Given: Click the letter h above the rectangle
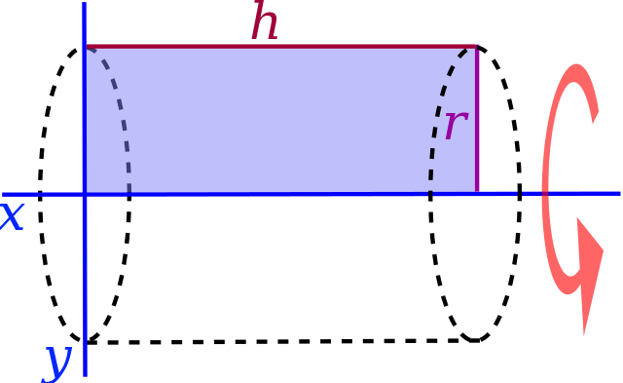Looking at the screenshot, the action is tap(265, 19).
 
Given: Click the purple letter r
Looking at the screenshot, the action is tap(457, 125).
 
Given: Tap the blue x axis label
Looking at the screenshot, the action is tap(12, 216).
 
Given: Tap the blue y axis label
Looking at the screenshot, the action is tap(56, 363).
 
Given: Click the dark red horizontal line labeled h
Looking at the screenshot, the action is tap(281, 47).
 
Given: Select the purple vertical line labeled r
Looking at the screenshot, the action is tap(477, 119).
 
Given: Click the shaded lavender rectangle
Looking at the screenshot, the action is tap(280, 120).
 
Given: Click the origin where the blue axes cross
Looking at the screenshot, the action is tap(85, 195).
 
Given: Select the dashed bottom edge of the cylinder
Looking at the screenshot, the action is tap(275, 342).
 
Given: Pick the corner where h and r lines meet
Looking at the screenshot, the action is tap(477, 47).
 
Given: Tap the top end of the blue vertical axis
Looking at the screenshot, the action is tap(85, 2).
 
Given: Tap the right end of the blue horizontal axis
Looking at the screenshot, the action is tap(620, 194).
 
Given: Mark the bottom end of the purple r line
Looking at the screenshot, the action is tap(477, 191).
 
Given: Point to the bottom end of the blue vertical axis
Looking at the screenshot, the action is tap(85, 375).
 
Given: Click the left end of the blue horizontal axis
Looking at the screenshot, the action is tap(3, 195).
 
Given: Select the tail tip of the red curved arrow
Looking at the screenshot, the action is tap(594, 122).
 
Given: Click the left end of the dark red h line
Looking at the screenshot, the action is tap(87, 47).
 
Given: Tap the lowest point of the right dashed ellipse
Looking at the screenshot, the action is tap(475, 341).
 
